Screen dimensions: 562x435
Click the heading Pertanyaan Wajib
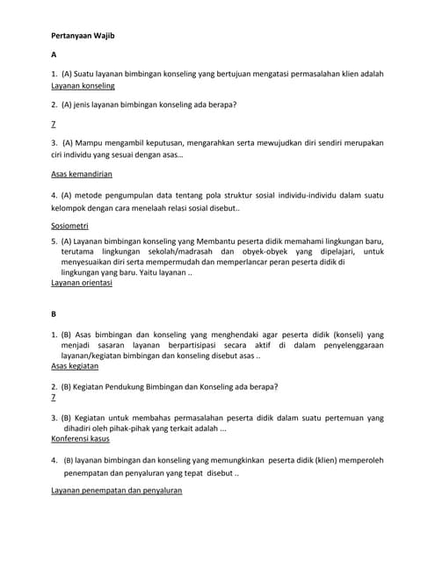coord(83,36)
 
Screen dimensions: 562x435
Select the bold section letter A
coord(54,55)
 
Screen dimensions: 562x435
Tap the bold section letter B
coord(54,313)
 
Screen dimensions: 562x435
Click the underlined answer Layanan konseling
coord(83,87)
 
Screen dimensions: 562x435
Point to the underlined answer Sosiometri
coord(69,226)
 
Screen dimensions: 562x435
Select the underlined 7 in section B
coord(54,397)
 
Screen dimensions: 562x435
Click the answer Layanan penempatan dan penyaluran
coord(117,490)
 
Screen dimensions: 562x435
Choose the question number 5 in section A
coord(54,241)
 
